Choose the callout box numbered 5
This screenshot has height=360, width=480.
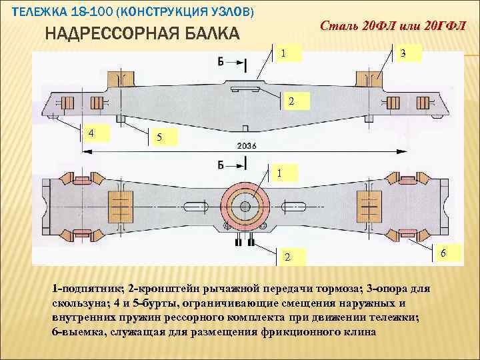(x=158, y=138)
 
